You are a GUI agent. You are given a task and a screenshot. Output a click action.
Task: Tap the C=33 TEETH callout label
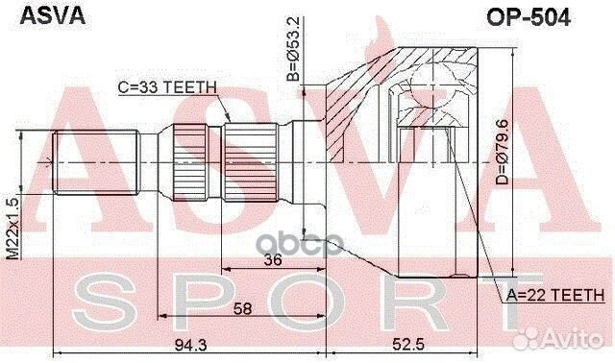(x=167, y=85)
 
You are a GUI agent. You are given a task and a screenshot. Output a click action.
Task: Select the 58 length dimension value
(x=244, y=308)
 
